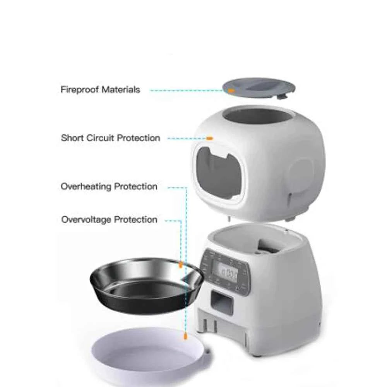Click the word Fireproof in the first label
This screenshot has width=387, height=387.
tap(79, 90)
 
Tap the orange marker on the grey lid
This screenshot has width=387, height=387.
tap(231, 90)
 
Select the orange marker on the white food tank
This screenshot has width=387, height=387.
tap(209, 138)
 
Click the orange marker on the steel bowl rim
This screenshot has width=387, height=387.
tap(180, 265)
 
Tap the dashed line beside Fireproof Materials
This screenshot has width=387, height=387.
tap(186, 90)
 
